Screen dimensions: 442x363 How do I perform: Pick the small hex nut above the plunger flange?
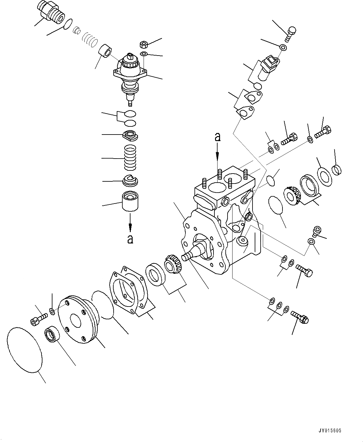pos(144,44)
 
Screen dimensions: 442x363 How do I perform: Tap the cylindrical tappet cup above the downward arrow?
pos(130,201)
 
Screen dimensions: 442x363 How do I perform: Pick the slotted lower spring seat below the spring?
pos(130,180)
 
